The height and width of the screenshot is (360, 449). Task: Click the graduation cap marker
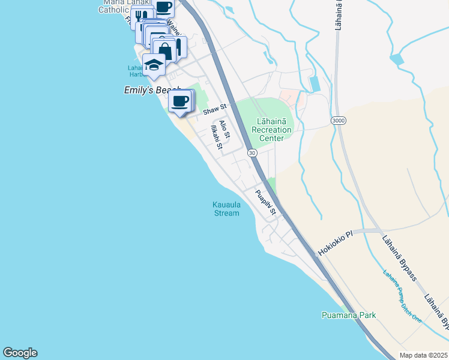154,65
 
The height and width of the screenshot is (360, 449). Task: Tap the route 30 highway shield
253,153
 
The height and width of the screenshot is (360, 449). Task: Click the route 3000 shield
338,121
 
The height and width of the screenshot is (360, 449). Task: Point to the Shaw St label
214,109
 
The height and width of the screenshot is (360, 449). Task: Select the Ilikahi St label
215,137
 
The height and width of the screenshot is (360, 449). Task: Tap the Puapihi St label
265,203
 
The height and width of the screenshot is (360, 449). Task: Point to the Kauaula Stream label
226,208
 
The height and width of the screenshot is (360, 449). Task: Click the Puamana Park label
348,315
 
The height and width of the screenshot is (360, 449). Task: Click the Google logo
20,353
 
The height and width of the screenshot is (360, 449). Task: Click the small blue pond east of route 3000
397,60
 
